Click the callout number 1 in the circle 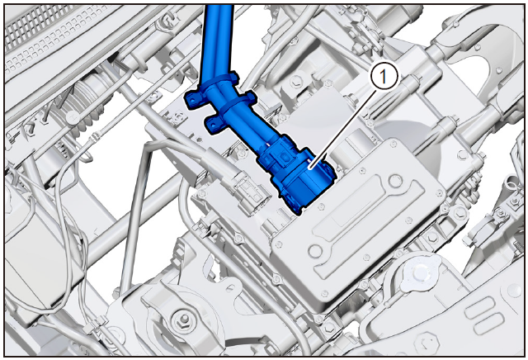(384, 77)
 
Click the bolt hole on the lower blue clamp (214, 125)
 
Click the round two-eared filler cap (420, 270)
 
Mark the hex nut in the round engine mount (183, 319)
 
